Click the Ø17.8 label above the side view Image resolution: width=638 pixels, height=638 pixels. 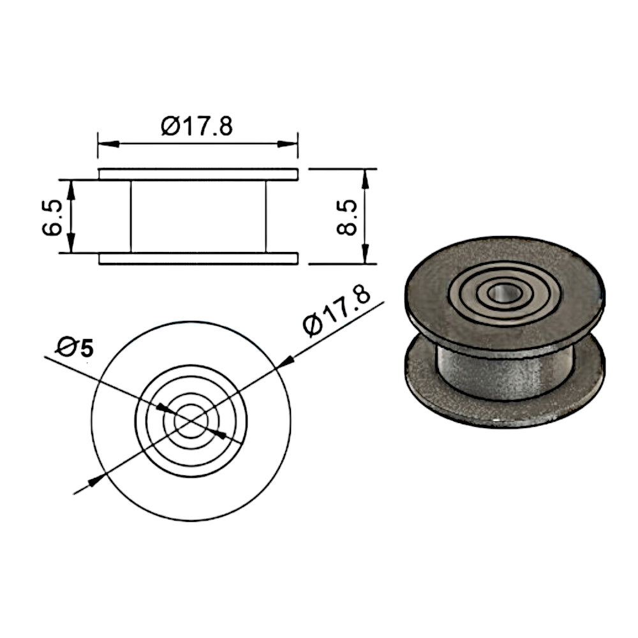point(197,126)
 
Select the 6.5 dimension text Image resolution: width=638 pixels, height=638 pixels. point(52,218)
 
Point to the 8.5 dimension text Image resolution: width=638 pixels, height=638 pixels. point(347,218)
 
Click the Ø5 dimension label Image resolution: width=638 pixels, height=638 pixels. point(75,348)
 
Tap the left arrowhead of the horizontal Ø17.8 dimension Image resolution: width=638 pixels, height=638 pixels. point(108,144)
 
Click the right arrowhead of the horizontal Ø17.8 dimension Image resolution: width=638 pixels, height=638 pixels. point(287,144)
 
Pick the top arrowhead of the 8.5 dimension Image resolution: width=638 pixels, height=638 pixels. point(365,179)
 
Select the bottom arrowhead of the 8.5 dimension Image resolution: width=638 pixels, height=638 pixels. point(365,254)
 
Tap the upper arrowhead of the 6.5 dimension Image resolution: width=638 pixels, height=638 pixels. point(71,189)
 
